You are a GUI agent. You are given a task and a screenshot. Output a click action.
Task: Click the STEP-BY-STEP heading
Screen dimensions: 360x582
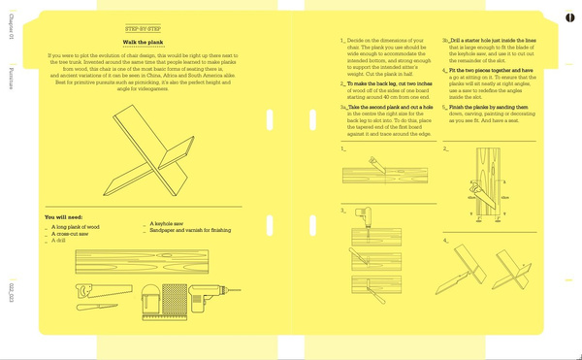[143, 31]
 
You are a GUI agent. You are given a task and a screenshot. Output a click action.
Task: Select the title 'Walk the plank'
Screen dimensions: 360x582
[143, 44]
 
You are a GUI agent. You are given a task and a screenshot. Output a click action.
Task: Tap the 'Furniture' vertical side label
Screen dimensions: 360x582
[10, 78]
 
